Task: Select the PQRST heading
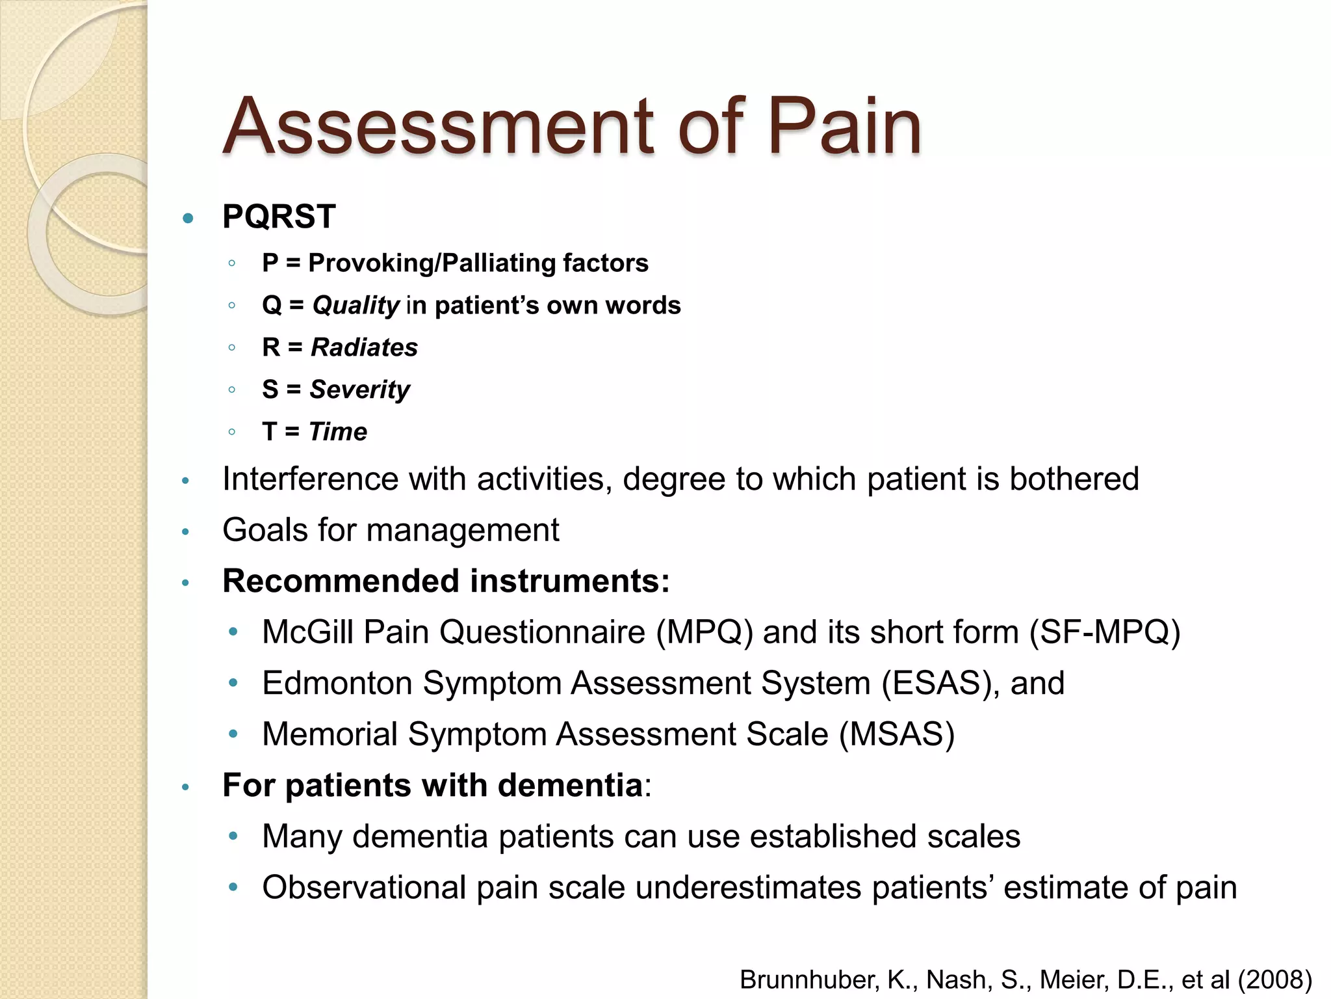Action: [x=279, y=217]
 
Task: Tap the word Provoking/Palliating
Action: [x=432, y=263]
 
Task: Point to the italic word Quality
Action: [x=355, y=306]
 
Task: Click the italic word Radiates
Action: [x=364, y=347]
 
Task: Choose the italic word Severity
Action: [x=359, y=390]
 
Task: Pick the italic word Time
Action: [x=338, y=432]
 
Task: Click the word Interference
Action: [x=309, y=479]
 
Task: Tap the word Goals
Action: [x=265, y=530]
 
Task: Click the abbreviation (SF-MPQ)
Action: [x=1105, y=632]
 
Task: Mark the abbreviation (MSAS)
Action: [x=897, y=734]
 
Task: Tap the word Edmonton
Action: [x=337, y=684]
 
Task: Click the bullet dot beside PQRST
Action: [x=188, y=219]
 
